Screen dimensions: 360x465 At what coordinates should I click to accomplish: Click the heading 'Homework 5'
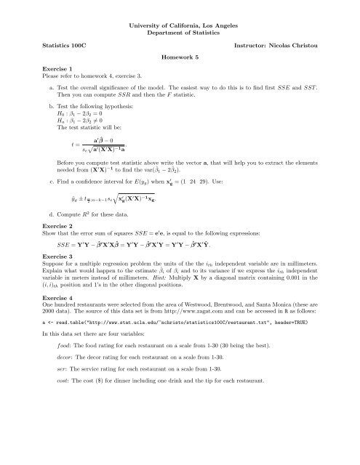coord(180,55)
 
